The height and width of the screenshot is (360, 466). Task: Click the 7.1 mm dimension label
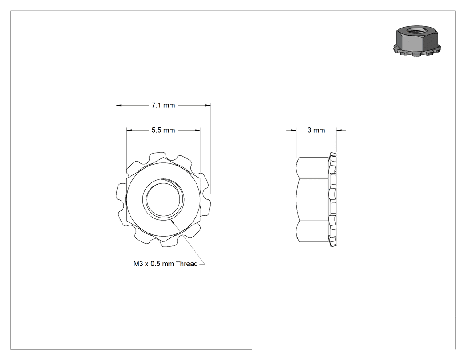[163, 105]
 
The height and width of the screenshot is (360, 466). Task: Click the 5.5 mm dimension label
[163, 130]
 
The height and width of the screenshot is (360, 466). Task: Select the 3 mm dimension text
[316, 130]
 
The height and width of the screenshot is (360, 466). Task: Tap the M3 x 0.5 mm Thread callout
[166, 264]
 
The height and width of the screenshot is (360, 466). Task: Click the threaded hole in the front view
[163, 199]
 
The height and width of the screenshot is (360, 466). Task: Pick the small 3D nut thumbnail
[417, 41]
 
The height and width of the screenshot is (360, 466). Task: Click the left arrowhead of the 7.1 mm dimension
[118, 105]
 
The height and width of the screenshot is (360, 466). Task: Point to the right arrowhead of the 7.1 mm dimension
[208, 105]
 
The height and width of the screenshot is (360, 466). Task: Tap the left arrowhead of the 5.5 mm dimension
[130, 130]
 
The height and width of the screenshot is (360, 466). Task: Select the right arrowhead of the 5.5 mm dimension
[197, 130]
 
